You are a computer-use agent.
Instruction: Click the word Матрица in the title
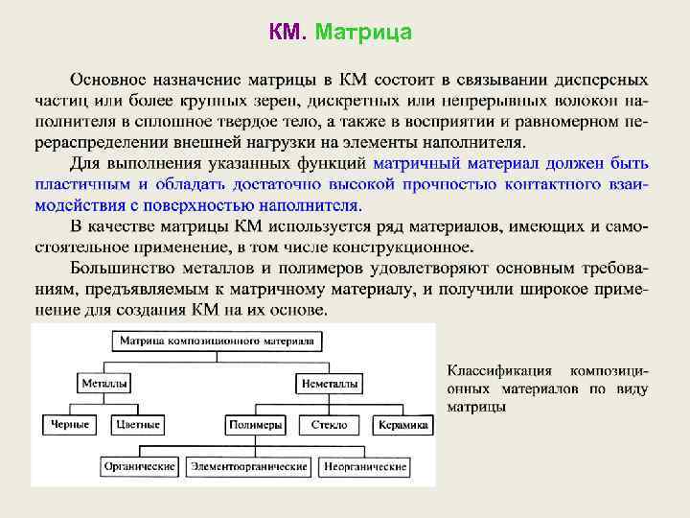coord(363,34)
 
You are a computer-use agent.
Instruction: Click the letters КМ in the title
coord(287,34)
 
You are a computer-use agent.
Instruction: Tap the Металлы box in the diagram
coord(104,383)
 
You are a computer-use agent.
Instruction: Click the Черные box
coord(70,424)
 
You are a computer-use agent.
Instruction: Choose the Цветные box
coord(137,424)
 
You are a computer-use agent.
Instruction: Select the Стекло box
coord(329,424)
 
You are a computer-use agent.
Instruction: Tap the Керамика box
coord(402,424)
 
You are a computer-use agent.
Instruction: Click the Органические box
coord(140,466)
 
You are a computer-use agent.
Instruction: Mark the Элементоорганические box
coord(249,466)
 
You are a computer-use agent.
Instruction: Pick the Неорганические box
coord(365,466)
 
